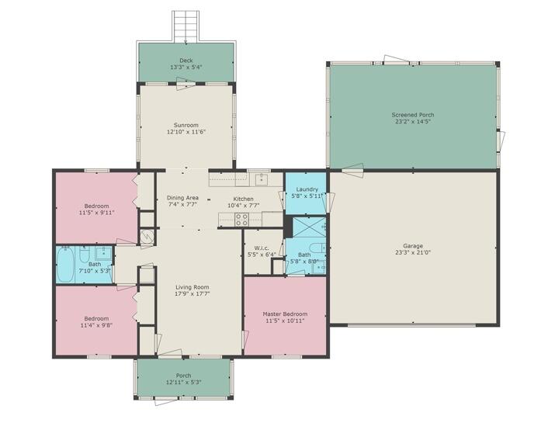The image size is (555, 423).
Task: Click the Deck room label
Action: click(x=186, y=60)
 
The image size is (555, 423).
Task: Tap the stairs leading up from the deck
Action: click(x=186, y=27)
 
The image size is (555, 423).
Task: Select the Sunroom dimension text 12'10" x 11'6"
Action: click(x=186, y=132)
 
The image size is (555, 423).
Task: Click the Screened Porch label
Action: click(x=412, y=114)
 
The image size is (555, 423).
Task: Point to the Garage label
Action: click(x=412, y=244)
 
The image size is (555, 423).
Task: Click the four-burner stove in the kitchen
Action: click(x=241, y=220)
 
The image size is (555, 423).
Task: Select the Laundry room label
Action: click(x=307, y=189)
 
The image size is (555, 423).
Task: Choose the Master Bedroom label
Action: click(x=285, y=314)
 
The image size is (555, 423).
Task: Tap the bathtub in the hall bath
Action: click(x=66, y=265)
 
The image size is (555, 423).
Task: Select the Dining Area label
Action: click(x=182, y=198)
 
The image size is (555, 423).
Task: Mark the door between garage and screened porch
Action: click(x=352, y=168)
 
